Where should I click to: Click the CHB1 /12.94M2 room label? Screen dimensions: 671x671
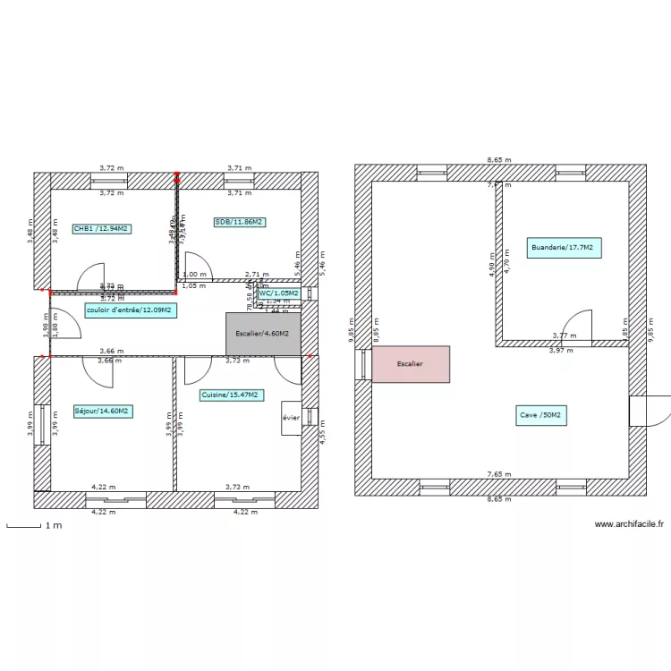coord(102,228)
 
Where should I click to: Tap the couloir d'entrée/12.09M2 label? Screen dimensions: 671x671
coord(130,310)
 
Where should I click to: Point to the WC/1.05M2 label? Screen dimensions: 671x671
coord(278,293)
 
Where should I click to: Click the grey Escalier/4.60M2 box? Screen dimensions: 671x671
coord(263,334)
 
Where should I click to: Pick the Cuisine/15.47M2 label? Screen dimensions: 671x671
coord(230,395)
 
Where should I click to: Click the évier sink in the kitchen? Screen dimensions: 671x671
coord(291,418)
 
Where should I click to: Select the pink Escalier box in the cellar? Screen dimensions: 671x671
coord(411,365)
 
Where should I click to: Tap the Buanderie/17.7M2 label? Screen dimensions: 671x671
coord(565,248)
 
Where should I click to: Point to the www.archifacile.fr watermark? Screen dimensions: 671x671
coord(629,525)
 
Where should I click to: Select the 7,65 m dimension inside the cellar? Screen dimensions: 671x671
coord(499,474)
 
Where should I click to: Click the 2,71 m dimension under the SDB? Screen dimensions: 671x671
coord(257,276)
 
